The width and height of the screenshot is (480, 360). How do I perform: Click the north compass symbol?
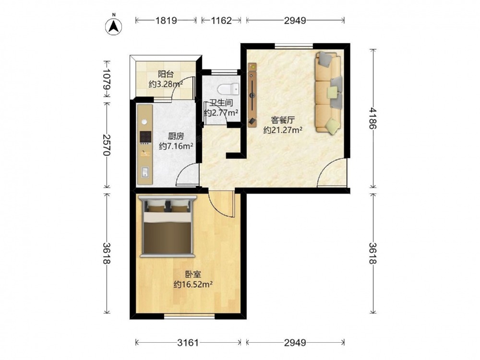tap(114, 26)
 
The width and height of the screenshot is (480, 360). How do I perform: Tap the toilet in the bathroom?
tap(228, 89)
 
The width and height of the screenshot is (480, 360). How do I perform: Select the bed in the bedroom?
tap(168, 226)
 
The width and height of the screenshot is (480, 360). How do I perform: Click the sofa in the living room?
tap(328, 93)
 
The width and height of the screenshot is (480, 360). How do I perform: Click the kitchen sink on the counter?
tap(145, 172)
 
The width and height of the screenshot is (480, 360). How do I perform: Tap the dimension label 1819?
tap(166, 21)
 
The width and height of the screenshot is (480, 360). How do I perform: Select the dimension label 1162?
tap(221, 21)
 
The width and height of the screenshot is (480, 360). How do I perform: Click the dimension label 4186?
tap(372, 118)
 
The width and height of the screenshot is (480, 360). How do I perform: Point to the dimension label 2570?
tap(107, 145)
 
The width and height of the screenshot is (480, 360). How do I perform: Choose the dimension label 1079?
tap(107, 79)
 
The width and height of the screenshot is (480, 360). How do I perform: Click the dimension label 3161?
tap(188, 343)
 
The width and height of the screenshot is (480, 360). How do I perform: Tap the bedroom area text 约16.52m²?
tap(193, 284)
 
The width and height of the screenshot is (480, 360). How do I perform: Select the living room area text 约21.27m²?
tap(283, 130)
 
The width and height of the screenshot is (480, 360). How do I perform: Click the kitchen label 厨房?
tap(176, 136)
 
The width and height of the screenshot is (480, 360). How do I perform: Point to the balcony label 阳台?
tap(166, 74)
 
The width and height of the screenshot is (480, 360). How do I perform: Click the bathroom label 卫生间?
tap(221, 103)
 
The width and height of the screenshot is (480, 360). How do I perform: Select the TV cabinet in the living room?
tap(252, 95)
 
